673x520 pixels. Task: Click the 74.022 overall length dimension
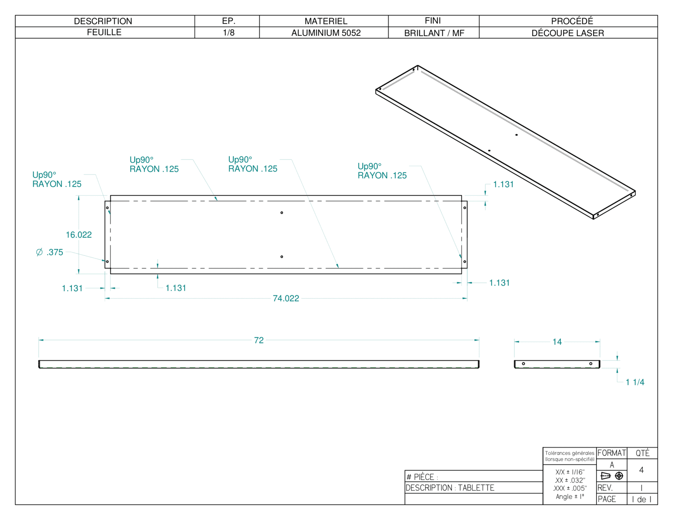point(286,298)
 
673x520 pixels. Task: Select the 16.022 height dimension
point(79,235)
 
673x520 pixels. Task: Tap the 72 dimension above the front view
point(259,340)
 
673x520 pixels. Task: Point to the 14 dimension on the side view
point(557,342)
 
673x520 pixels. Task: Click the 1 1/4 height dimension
point(635,382)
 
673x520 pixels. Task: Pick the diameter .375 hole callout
point(50,252)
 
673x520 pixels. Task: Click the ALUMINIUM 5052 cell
point(326,33)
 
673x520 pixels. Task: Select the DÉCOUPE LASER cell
point(568,33)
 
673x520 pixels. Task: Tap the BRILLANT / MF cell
point(434,33)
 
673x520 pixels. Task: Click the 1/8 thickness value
point(228,32)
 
